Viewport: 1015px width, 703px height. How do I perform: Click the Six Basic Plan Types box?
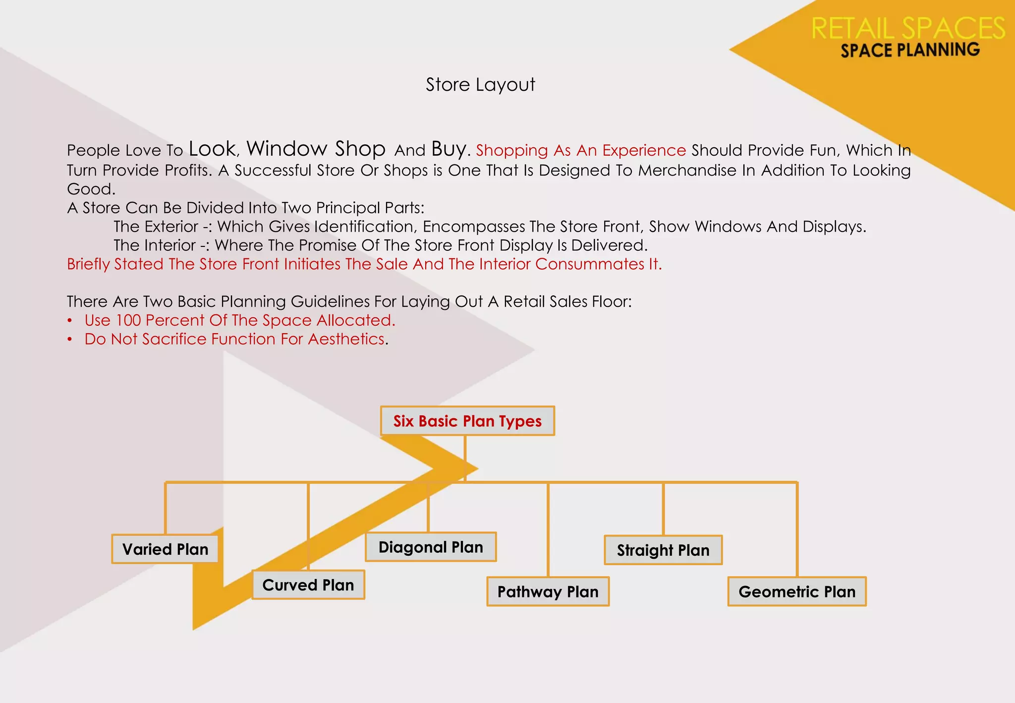tap(467, 421)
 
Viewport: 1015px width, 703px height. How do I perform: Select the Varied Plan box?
tap(165, 549)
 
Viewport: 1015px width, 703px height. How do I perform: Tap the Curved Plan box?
tap(308, 585)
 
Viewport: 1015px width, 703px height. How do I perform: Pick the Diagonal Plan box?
tap(431, 547)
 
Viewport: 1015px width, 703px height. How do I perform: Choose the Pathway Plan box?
tap(548, 591)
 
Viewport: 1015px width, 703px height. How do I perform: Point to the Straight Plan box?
tap(663, 550)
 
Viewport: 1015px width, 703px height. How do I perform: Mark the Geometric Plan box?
tap(797, 591)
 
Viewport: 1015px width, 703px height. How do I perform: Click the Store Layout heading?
tap(480, 85)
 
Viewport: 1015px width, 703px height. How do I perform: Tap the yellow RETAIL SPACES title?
tap(908, 28)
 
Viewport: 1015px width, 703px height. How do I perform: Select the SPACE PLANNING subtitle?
tap(910, 50)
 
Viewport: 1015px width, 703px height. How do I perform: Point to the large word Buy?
tap(449, 149)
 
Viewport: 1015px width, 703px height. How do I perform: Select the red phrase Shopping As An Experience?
tap(581, 150)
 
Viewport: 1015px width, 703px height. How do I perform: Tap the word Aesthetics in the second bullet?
tap(346, 339)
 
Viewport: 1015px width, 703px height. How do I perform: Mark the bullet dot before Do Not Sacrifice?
tap(70, 340)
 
